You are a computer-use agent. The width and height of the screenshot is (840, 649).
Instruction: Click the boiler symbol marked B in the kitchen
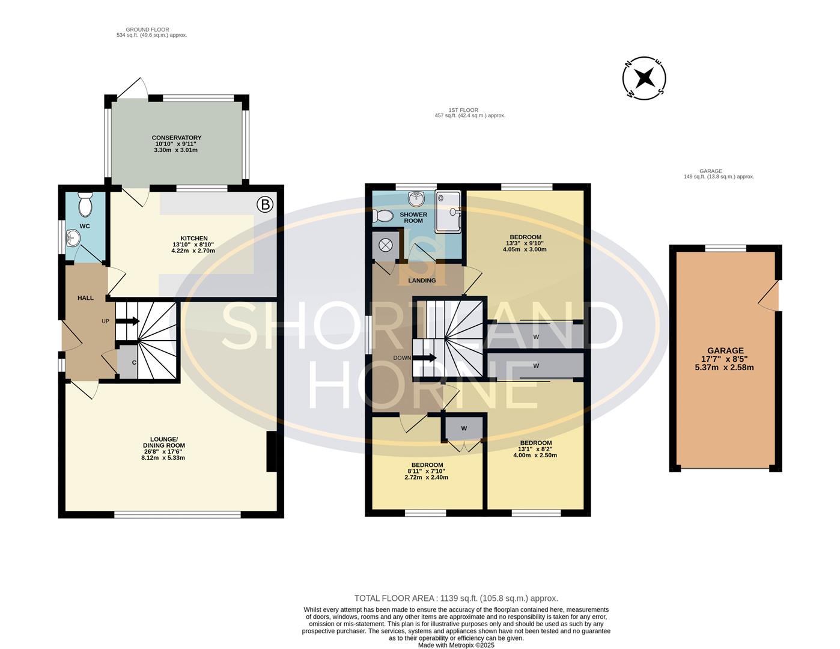click(x=265, y=204)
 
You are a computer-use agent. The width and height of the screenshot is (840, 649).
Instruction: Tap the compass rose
click(x=644, y=78)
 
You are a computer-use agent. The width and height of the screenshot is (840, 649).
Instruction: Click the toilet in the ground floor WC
click(x=85, y=205)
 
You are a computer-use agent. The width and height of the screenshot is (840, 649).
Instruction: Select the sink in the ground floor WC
click(x=73, y=238)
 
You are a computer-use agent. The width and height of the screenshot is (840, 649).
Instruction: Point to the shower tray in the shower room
click(x=448, y=212)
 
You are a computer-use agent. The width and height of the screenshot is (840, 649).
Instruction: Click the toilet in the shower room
click(x=383, y=216)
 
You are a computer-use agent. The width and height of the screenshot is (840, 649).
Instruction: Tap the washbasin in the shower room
click(x=416, y=199)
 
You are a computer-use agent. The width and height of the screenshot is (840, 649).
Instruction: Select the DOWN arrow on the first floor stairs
click(x=425, y=358)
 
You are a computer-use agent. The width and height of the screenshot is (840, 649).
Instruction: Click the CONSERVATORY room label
click(x=177, y=138)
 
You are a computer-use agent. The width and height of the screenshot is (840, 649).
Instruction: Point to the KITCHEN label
click(x=194, y=239)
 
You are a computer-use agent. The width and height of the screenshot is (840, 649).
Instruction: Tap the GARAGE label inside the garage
click(x=725, y=350)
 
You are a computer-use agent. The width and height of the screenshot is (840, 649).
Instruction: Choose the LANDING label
click(x=422, y=281)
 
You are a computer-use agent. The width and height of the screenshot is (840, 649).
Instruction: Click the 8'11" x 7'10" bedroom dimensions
click(x=427, y=471)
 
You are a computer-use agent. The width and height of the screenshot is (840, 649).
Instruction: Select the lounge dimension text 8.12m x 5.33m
click(x=163, y=458)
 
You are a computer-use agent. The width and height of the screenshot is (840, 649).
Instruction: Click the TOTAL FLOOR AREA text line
click(x=456, y=599)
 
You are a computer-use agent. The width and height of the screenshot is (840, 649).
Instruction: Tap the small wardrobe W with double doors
click(x=464, y=428)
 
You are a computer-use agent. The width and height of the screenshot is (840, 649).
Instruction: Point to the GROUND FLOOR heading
click(x=147, y=29)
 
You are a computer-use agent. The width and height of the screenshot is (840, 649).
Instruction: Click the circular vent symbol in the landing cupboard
click(x=386, y=245)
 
